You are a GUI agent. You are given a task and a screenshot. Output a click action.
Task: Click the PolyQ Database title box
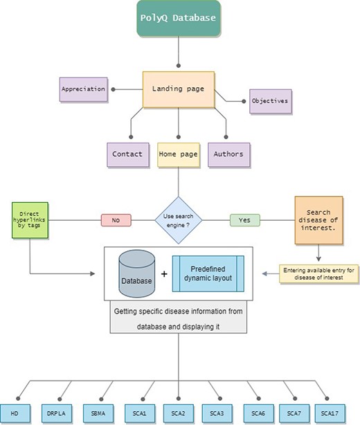pos(179,18)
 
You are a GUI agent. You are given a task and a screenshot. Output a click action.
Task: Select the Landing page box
pos(179,89)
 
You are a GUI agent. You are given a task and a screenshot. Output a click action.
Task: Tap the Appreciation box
pos(83,89)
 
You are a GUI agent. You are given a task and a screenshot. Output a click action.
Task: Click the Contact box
pos(127,154)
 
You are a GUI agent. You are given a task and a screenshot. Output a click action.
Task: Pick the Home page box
pos(179,154)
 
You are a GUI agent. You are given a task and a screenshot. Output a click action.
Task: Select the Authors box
pos(228,154)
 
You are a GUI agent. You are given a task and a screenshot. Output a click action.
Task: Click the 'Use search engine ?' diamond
pos(179,221)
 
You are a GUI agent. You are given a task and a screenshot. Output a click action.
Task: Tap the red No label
pos(116,221)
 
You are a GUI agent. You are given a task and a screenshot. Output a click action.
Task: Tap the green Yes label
pos(244,221)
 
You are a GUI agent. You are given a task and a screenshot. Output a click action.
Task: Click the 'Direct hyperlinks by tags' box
pos(30,221)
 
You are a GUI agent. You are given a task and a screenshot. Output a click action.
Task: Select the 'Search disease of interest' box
pos(318,220)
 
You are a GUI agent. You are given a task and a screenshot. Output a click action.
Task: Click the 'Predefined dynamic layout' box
pos(208,273)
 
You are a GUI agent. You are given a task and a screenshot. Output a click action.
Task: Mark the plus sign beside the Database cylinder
pos(164,274)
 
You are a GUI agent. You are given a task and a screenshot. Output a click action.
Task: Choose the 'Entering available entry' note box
pos(319,274)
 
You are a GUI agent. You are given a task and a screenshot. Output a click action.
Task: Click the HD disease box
pos(14,413)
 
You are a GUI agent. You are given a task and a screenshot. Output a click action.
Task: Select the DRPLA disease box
pos(57,413)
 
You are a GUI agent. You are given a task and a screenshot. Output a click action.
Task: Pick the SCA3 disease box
pos(218,413)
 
